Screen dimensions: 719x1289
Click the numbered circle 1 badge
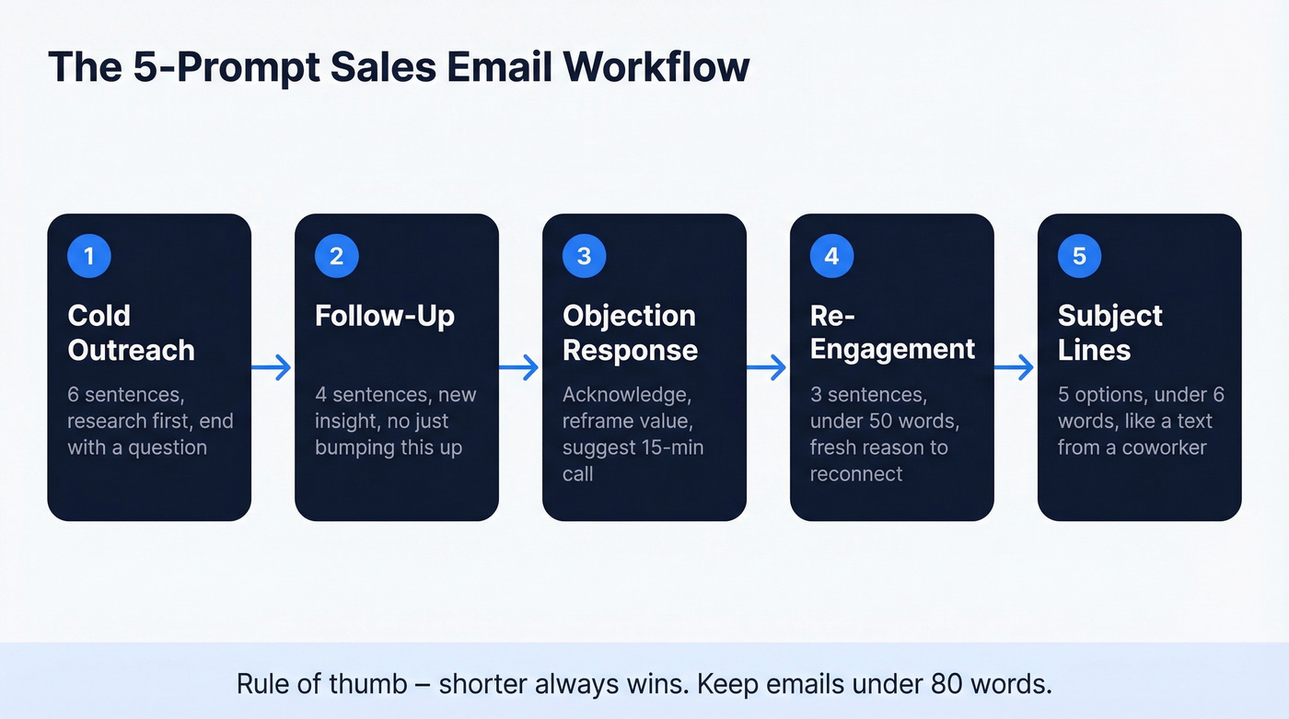click(x=89, y=255)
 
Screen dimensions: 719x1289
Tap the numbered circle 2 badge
click(x=336, y=255)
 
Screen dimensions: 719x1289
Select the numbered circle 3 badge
click(x=584, y=255)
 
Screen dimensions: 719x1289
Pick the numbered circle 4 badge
click(x=831, y=255)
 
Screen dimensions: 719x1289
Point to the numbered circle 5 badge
click(x=1079, y=255)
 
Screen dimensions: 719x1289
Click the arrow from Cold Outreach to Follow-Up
click(x=273, y=368)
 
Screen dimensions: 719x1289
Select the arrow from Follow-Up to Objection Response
click(x=520, y=368)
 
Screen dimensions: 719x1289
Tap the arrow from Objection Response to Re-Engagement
click(x=768, y=368)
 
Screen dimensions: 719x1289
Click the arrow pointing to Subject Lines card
click(x=1016, y=368)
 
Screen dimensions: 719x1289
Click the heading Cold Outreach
click(x=131, y=332)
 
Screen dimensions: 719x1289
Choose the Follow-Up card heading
click(x=385, y=316)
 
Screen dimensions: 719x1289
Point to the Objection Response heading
click(x=630, y=332)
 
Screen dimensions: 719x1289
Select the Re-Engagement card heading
click(x=892, y=332)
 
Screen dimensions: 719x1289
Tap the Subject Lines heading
click(x=1109, y=332)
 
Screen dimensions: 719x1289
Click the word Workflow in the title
click(x=657, y=67)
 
